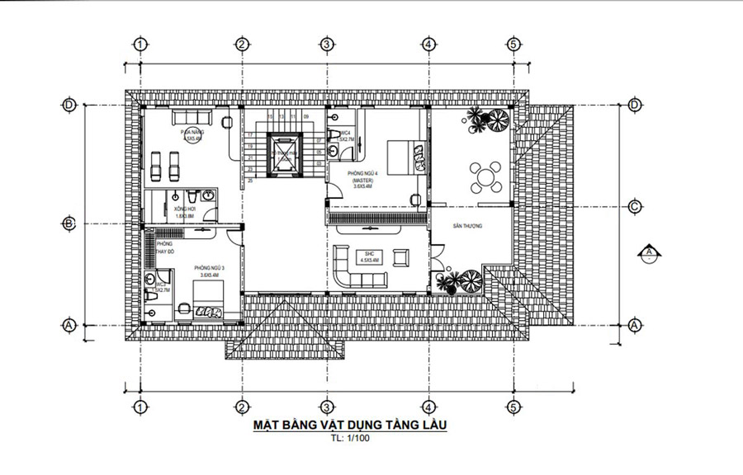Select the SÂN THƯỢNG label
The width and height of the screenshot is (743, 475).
click(467, 225)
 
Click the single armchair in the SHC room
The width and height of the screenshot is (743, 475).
click(401, 256)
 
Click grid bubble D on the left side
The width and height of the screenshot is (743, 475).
click(69, 105)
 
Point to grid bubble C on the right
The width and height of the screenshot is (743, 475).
click(634, 206)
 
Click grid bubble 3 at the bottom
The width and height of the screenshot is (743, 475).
click(327, 406)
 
